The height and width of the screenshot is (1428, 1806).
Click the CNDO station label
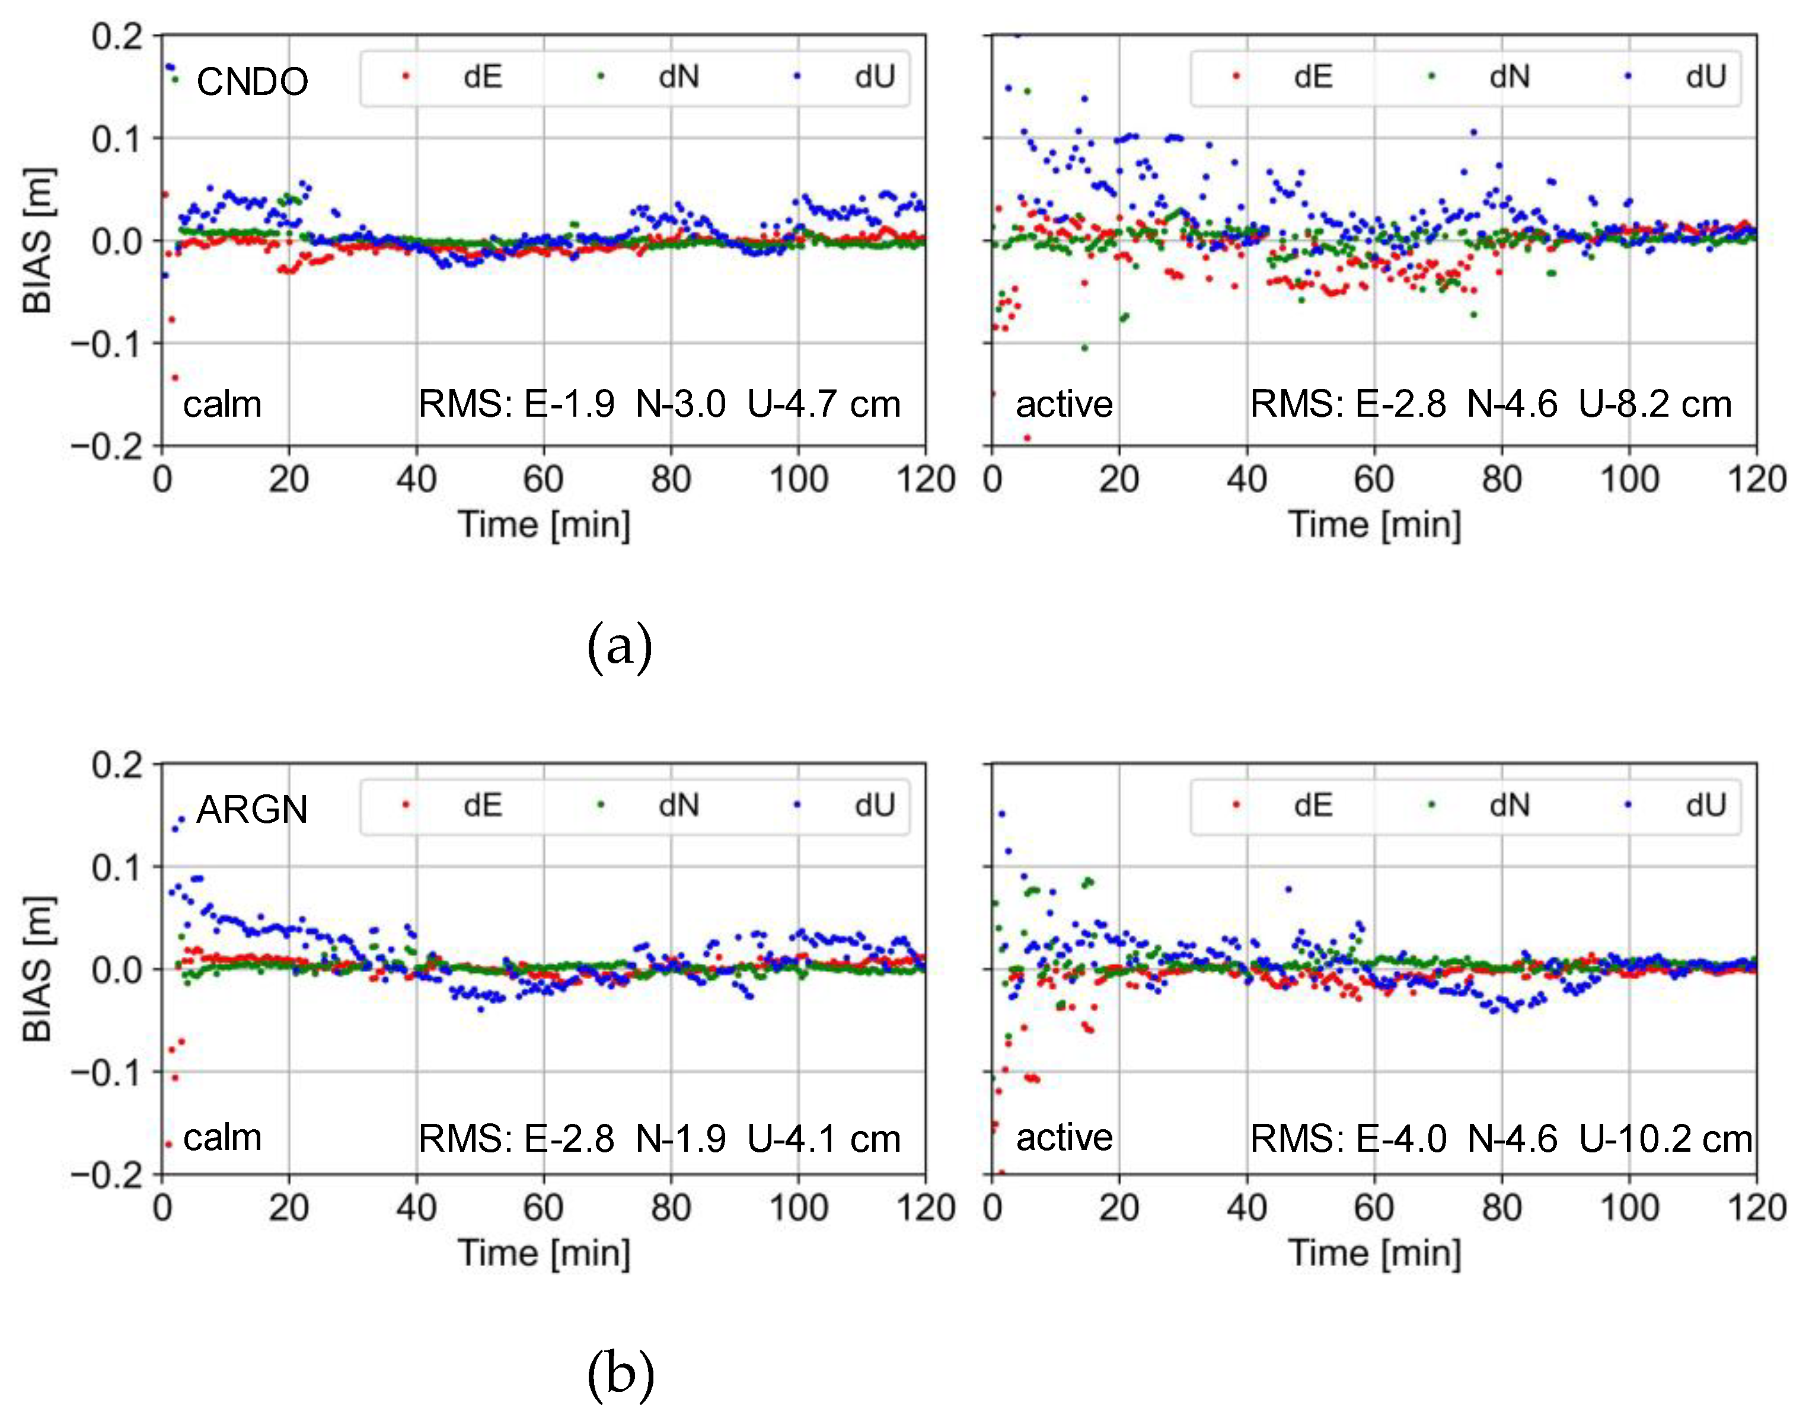(x=251, y=82)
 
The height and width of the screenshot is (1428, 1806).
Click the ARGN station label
(x=251, y=809)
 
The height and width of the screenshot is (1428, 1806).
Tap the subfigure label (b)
(x=620, y=1373)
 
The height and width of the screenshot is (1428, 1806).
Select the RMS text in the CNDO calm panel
(x=659, y=405)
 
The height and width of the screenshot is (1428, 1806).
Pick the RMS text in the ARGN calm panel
(x=659, y=1139)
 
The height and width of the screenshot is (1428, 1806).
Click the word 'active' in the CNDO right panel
(x=1064, y=405)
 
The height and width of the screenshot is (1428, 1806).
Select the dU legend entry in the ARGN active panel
(x=1680, y=805)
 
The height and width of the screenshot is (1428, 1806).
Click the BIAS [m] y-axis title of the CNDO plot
(x=37, y=241)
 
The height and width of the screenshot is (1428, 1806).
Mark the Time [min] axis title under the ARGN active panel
(x=1374, y=1253)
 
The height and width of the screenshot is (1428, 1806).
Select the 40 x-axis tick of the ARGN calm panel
(x=416, y=1208)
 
